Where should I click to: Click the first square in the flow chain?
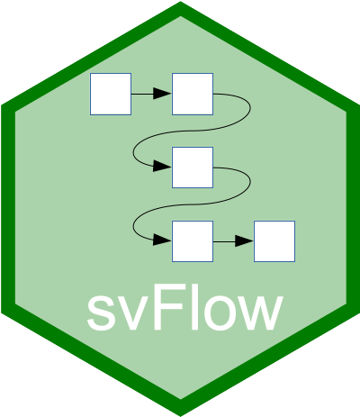(x=111, y=94)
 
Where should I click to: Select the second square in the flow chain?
(x=193, y=94)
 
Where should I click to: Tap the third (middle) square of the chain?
(x=193, y=168)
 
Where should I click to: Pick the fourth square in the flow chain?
(x=193, y=241)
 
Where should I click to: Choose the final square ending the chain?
(x=274, y=241)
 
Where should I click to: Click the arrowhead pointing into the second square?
(x=162, y=94)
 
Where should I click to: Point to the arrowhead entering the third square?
(x=162, y=166)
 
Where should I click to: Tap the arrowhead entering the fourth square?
(x=162, y=240)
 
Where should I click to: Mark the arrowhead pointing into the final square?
(x=244, y=241)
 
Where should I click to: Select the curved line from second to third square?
(x=192, y=131)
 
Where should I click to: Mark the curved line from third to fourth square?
(x=192, y=204)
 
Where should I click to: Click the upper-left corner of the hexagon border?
(x=2, y=105)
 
